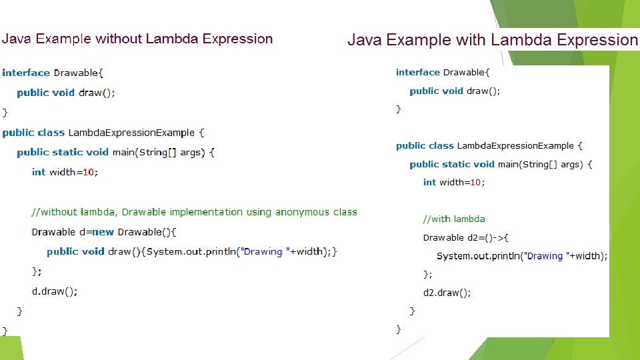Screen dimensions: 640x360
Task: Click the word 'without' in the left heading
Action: [x=119, y=39]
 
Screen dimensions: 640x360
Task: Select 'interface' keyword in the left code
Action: [x=26, y=73]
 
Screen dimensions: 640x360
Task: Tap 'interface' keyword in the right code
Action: [x=417, y=72]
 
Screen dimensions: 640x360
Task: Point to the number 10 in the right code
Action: [x=475, y=182]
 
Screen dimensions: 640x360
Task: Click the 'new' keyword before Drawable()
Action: [x=103, y=232]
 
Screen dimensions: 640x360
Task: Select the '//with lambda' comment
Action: [x=454, y=219]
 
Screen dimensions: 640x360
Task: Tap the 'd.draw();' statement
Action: [x=55, y=291]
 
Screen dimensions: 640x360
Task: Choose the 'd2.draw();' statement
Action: [x=447, y=293]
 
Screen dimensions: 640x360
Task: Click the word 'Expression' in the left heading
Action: [x=237, y=39]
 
